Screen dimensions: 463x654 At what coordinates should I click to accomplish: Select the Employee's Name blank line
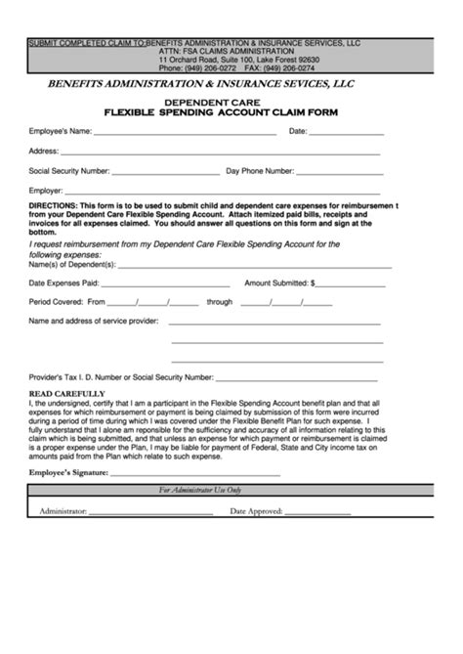click(x=186, y=132)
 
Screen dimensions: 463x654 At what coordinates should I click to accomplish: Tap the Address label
click(x=44, y=151)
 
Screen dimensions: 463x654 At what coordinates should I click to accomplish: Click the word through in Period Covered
click(x=220, y=302)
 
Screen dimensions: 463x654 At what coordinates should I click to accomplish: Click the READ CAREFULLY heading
click(x=66, y=393)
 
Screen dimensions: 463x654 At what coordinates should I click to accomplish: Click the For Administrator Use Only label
click(x=200, y=490)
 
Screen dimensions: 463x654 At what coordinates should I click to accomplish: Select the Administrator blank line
click(x=151, y=512)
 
